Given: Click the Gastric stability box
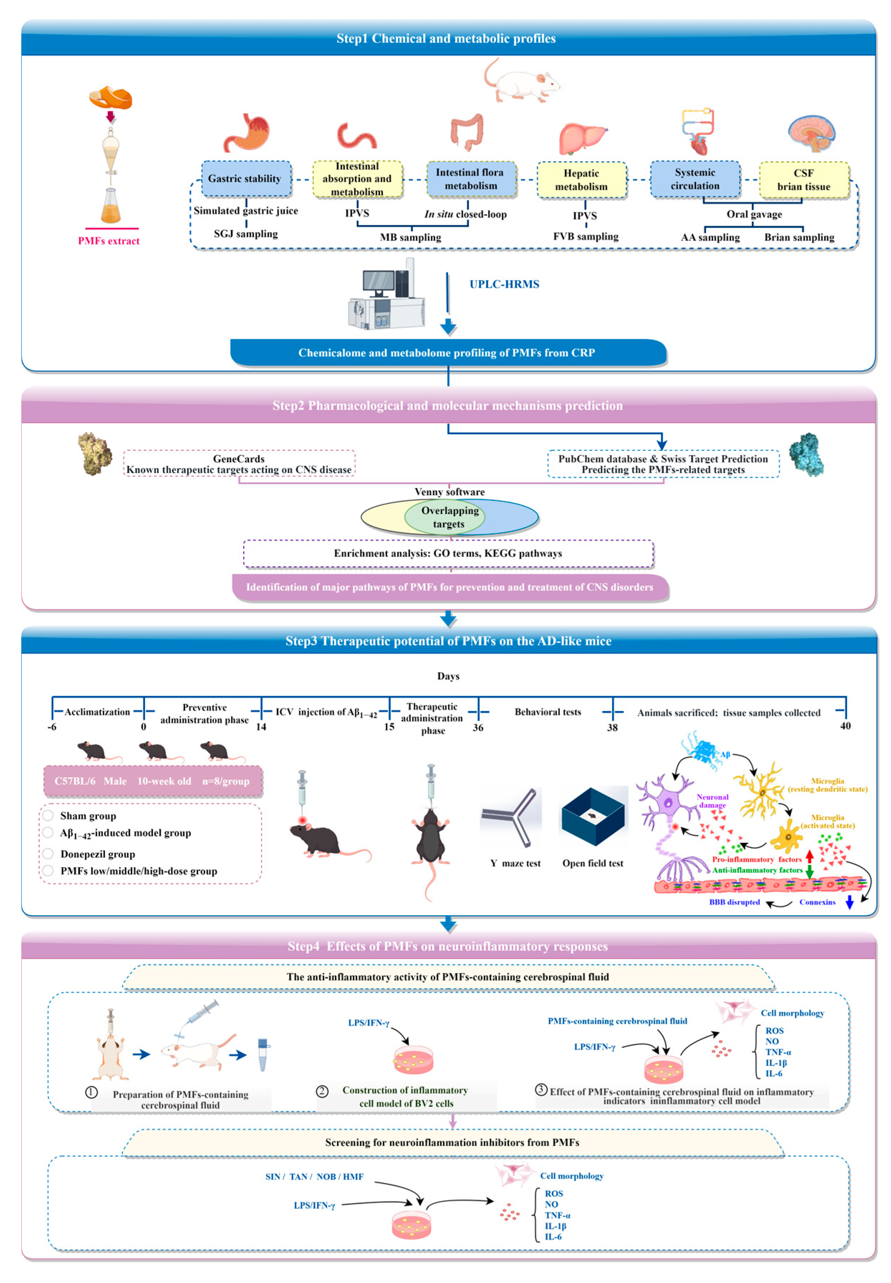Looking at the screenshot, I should [x=246, y=179].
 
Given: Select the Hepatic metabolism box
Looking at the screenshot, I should [x=581, y=180].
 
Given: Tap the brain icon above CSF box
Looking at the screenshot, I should [x=811, y=134].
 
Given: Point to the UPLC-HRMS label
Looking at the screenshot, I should [x=504, y=284].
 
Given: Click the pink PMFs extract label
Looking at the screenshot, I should [x=109, y=241].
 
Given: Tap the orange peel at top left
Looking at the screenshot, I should [x=111, y=98].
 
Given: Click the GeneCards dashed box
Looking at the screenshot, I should [x=239, y=464].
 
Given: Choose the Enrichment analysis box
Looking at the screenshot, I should [x=448, y=553].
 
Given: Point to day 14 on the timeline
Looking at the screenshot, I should [x=261, y=727].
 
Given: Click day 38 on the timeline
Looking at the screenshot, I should [x=612, y=727].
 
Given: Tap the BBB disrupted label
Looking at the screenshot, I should [x=734, y=902].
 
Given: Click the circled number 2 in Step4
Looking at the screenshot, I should [x=322, y=1091].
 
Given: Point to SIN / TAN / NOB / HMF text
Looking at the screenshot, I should [x=314, y=1176].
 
